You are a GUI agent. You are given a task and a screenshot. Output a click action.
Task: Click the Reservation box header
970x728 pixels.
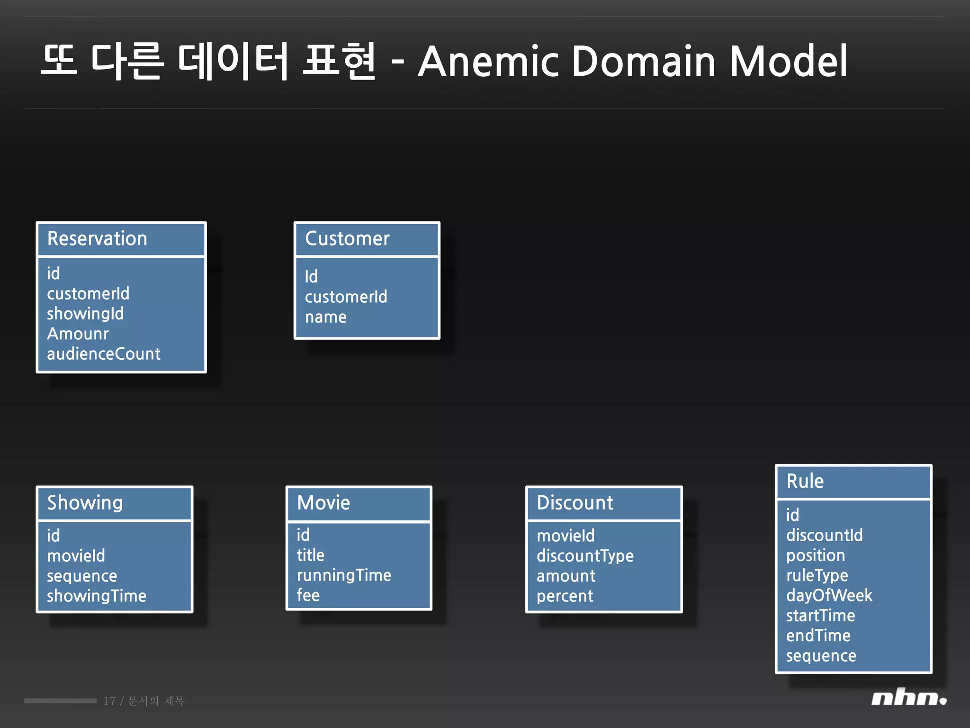click(x=97, y=238)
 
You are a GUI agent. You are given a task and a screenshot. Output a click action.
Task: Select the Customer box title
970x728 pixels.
click(x=347, y=238)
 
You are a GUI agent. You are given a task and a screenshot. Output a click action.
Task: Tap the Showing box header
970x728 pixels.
click(x=85, y=502)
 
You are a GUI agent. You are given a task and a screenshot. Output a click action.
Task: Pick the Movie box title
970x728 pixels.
click(x=323, y=502)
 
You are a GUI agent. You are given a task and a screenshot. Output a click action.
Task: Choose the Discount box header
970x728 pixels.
click(x=575, y=502)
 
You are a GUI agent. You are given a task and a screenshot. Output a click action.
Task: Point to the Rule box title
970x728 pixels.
click(x=805, y=481)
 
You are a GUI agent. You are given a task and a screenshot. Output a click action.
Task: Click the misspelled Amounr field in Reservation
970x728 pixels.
click(x=78, y=334)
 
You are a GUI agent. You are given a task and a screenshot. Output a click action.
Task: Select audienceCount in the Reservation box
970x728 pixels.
click(x=104, y=354)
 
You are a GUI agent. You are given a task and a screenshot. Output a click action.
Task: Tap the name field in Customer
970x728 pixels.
click(x=326, y=317)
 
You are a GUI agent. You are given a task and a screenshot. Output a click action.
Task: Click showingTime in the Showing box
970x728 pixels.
click(x=97, y=596)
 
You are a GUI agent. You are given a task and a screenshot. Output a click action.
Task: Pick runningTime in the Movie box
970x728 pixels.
click(x=344, y=575)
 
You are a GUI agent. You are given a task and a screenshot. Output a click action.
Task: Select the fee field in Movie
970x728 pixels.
click(x=308, y=595)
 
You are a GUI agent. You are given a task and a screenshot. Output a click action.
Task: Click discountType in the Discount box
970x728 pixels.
click(x=585, y=555)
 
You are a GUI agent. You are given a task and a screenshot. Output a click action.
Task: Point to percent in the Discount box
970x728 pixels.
click(x=565, y=596)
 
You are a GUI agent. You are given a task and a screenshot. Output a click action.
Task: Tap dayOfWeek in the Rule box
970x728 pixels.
click(x=829, y=595)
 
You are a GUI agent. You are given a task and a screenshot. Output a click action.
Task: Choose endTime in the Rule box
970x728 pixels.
click(x=818, y=636)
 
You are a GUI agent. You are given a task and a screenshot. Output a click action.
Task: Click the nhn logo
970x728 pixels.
click(x=908, y=698)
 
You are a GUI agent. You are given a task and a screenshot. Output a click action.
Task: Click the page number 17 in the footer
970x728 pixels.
click(x=109, y=701)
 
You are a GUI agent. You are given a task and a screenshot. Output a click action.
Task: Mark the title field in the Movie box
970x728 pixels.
click(x=311, y=555)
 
